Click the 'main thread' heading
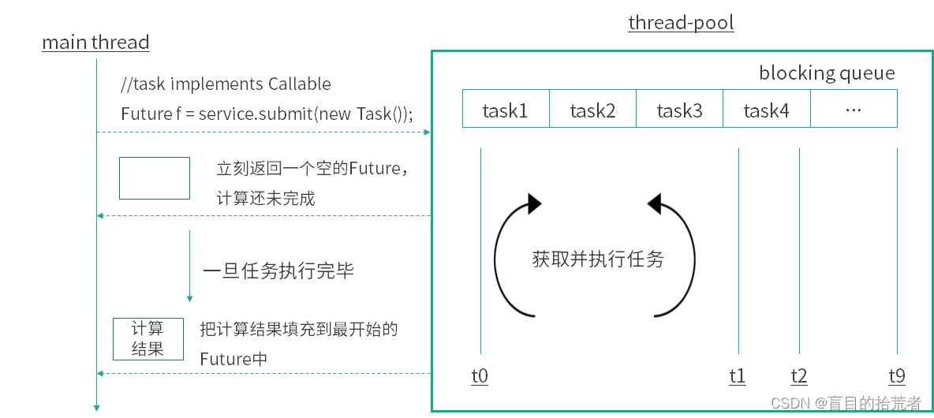point(95,42)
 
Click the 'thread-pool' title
point(681,23)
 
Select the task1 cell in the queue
point(505,110)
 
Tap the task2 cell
point(592,110)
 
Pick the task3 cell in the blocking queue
point(679,110)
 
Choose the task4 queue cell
point(766,110)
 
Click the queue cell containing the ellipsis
point(853,110)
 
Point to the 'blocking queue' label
point(826,73)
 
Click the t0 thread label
point(480,376)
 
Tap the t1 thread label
point(738,376)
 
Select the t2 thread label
point(798,376)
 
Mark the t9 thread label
point(897,376)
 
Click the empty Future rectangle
point(155,178)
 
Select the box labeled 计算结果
point(148,338)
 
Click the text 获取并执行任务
point(598,259)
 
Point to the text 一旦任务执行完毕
point(278,271)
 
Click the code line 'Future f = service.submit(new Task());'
point(267,114)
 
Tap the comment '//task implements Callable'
point(226,84)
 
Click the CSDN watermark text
point(846,403)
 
